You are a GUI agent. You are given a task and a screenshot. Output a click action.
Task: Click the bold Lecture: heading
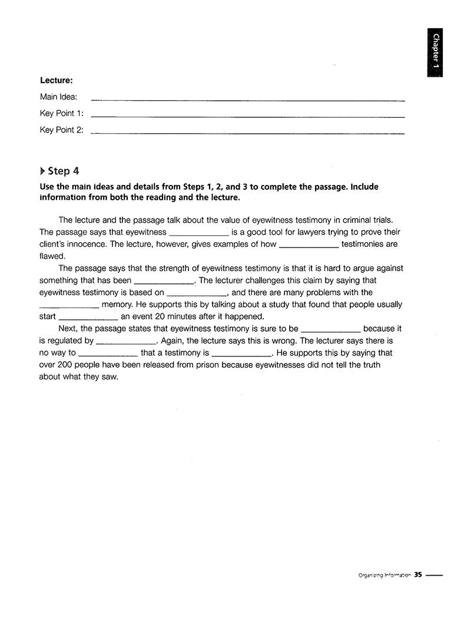click(57, 81)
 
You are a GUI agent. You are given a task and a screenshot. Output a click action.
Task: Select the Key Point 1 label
click(61, 113)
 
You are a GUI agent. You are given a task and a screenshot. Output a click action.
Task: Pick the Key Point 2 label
click(61, 130)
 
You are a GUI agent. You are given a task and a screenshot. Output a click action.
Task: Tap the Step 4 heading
click(63, 171)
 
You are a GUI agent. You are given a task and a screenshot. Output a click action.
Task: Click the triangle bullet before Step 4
click(42, 171)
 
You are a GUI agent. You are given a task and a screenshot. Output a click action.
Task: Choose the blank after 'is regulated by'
click(125, 342)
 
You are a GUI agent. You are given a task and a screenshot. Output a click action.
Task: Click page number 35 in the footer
click(418, 574)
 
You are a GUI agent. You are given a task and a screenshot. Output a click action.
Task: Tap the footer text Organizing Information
click(384, 575)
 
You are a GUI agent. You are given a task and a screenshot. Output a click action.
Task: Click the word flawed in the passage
click(52, 256)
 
